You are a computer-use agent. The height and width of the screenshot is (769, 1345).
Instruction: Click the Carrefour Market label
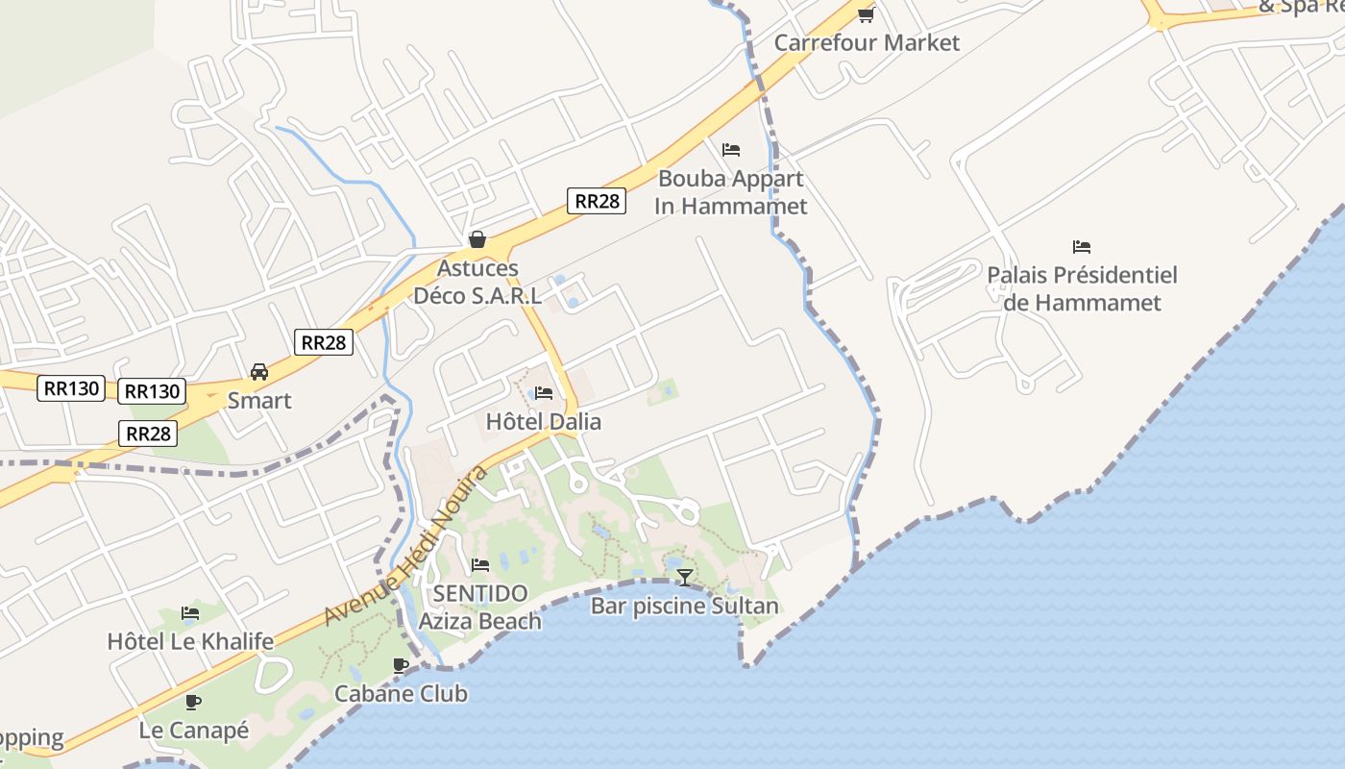(x=867, y=43)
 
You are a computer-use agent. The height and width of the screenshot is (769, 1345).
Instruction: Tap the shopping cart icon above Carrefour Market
(x=866, y=14)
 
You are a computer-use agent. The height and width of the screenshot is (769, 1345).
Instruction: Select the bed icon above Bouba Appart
(x=731, y=150)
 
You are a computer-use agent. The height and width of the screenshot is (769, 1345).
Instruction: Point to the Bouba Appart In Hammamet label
(x=731, y=192)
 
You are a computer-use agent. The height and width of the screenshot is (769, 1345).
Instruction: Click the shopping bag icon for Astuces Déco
(x=477, y=239)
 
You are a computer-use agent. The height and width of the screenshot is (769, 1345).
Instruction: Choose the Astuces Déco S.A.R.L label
(x=477, y=282)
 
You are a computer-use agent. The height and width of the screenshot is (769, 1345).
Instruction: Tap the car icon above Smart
(x=258, y=372)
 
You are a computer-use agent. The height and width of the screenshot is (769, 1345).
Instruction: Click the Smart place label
(x=258, y=400)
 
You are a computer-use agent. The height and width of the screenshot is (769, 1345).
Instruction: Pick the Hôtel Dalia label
(x=544, y=421)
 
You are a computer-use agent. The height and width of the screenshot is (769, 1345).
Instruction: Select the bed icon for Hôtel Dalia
(x=544, y=393)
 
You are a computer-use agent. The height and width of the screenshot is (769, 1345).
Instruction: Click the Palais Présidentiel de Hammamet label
(x=1082, y=288)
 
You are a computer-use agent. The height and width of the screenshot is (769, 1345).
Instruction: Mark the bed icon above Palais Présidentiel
(x=1082, y=247)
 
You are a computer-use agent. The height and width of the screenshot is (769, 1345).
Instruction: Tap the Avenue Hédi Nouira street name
(x=406, y=545)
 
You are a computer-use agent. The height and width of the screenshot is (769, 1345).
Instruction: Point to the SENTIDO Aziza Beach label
(x=480, y=607)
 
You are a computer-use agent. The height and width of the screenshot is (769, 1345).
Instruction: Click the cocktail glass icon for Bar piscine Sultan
(x=684, y=577)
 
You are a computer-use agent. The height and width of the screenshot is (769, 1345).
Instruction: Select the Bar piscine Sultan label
(x=684, y=606)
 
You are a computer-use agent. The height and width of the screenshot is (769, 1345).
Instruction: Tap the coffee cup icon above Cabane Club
(x=401, y=665)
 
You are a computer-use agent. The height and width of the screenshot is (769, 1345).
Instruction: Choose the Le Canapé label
(x=193, y=731)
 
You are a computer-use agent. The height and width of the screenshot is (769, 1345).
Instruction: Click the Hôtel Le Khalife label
(x=190, y=641)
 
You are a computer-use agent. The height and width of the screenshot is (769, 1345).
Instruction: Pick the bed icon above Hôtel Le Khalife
(x=190, y=613)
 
